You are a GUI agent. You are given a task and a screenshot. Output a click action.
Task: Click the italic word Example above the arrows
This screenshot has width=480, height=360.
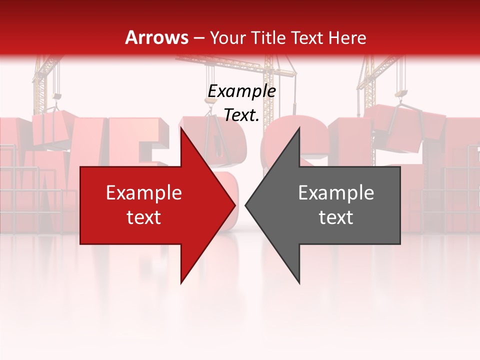click(x=241, y=91)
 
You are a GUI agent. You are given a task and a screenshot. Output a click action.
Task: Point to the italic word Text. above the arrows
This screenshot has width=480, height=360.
click(x=241, y=115)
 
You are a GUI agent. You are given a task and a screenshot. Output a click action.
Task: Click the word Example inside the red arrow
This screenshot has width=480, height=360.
click(x=143, y=193)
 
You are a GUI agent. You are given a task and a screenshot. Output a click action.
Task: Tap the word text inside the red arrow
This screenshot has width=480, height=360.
click(x=143, y=217)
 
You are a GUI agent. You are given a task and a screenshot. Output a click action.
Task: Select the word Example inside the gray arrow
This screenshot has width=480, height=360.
click(x=336, y=193)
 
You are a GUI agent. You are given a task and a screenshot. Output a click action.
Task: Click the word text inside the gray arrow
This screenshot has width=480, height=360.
click(x=336, y=217)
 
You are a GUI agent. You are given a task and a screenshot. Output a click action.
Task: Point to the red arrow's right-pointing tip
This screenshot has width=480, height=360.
click(x=235, y=205)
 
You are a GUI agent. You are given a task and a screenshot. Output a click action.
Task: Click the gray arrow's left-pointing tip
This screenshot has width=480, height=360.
click(x=245, y=205)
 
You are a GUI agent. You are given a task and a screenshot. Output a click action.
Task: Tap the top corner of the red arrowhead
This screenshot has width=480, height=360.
click(x=181, y=128)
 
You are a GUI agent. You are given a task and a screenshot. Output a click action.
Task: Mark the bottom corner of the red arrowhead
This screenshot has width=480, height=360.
click(x=181, y=283)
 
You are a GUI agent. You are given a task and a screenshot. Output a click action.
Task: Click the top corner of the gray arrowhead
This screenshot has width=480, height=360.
click(x=299, y=128)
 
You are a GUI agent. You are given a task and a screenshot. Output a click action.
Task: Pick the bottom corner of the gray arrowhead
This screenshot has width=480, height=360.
click(x=299, y=283)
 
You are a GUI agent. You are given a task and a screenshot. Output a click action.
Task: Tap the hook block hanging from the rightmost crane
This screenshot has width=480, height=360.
click(x=401, y=93)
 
